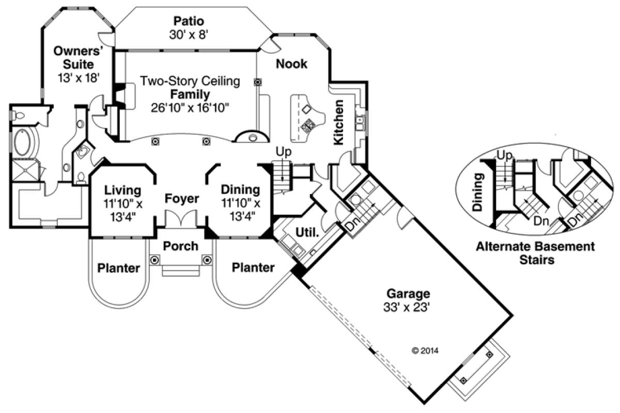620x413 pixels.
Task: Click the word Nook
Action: coord(291,64)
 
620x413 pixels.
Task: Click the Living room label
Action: coord(122,189)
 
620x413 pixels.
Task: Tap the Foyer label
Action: coord(182,198)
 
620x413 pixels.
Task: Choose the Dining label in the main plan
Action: coord(240,189)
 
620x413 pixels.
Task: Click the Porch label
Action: coord(180,246)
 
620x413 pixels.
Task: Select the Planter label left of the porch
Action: coord(119,268)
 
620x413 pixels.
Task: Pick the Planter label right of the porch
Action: coord(253,267)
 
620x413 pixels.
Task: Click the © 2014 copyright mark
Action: coord(425,351)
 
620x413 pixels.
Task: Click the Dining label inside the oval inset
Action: coord(478,193)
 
